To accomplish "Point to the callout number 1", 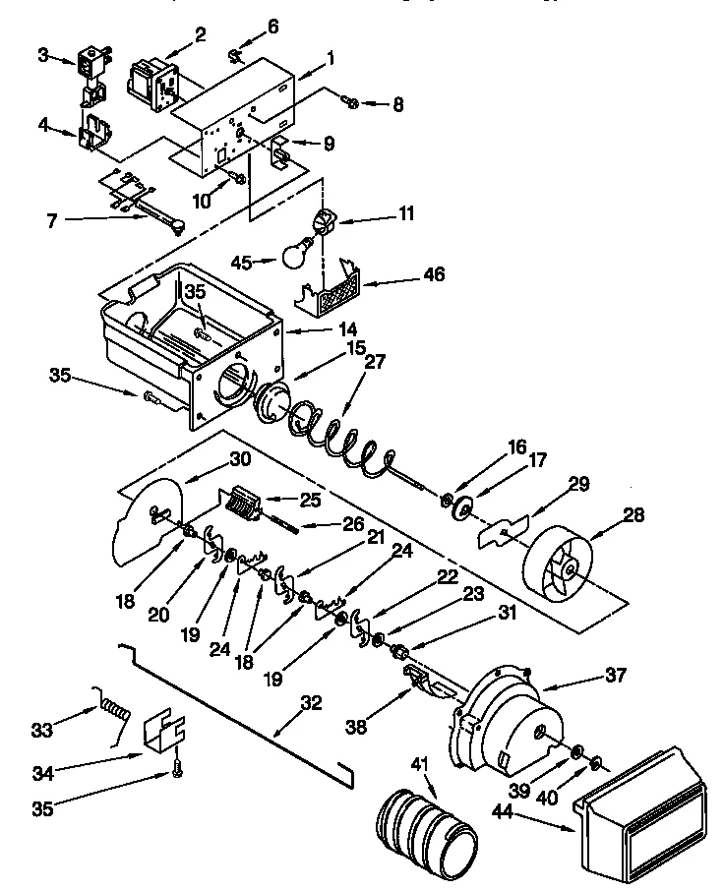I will [332, 58].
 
